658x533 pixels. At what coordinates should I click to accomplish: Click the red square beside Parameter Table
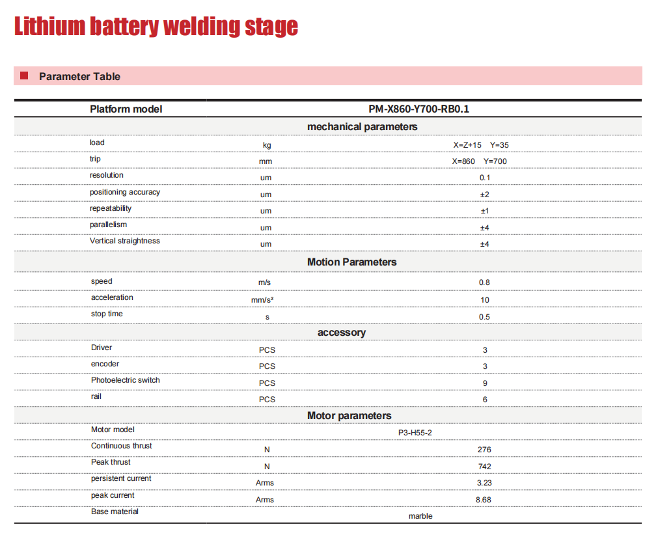pos(24,76)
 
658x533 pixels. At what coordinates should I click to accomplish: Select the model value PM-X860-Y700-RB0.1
pos(418,109)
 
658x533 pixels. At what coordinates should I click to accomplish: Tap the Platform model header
pos(126,109)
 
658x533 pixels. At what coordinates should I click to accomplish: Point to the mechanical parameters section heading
pos(362,127)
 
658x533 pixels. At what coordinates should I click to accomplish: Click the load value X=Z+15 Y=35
pos(481,145)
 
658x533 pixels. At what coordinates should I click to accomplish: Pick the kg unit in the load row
pos(267,145)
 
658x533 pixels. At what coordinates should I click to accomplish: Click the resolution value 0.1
pos(484,178)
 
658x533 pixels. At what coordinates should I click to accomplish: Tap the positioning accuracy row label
pos(124,192)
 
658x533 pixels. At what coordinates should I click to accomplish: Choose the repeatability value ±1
pos(484,211)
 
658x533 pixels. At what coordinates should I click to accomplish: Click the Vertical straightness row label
pos(124,241)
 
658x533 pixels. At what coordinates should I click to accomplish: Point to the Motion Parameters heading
pos(351,262)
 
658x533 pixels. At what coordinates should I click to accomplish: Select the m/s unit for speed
pos(265,282)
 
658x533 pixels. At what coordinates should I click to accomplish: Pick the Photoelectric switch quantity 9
pos(485,383)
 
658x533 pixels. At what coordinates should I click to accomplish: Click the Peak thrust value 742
pos(484,467)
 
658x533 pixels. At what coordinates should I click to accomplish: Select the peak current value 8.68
pos(484,500)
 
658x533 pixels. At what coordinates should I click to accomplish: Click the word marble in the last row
pos(420,516)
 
